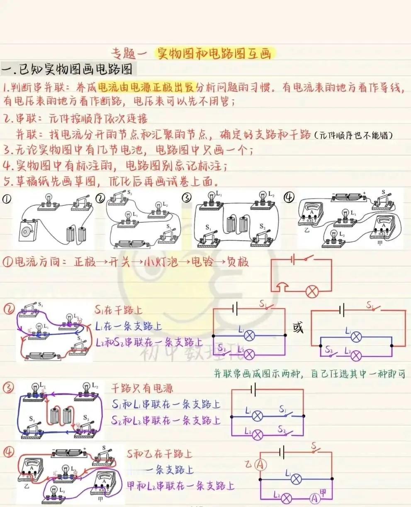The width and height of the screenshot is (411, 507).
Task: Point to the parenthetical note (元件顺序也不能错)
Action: (354, 135)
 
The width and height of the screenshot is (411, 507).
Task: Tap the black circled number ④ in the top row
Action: (289, 198)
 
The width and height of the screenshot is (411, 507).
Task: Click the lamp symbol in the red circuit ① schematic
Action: (312, 291)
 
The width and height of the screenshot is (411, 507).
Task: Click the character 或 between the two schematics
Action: (298, 328)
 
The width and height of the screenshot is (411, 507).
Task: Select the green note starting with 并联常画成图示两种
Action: (309, 373)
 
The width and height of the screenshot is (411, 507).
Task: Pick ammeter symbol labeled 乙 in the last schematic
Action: (260, 465)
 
